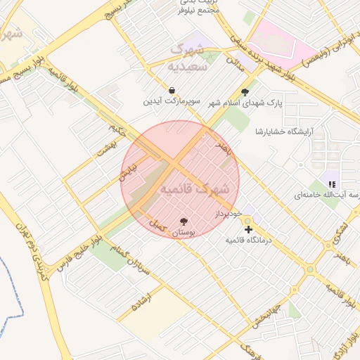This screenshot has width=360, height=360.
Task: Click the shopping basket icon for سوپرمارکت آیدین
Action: coord(172,91)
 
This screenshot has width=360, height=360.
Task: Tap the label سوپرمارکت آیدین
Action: coord(172,102)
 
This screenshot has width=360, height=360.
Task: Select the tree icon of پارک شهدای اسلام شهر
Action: coord(245,92)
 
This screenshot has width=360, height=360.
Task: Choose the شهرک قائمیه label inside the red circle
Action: coord(195,190)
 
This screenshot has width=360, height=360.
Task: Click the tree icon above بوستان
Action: coord(184,221)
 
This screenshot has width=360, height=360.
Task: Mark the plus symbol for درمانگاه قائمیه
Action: coord(247,229)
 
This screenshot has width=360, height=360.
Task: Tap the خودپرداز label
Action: coord(229,212)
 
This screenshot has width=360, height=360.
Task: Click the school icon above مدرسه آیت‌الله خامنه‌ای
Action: coord(331,184)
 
